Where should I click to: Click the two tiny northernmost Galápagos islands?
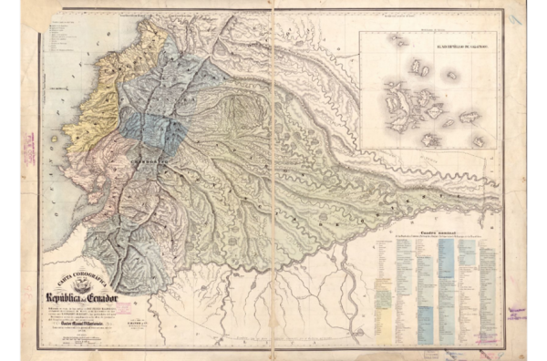click(x=399, y=41)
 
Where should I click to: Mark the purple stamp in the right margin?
click(x=517, y=313)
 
